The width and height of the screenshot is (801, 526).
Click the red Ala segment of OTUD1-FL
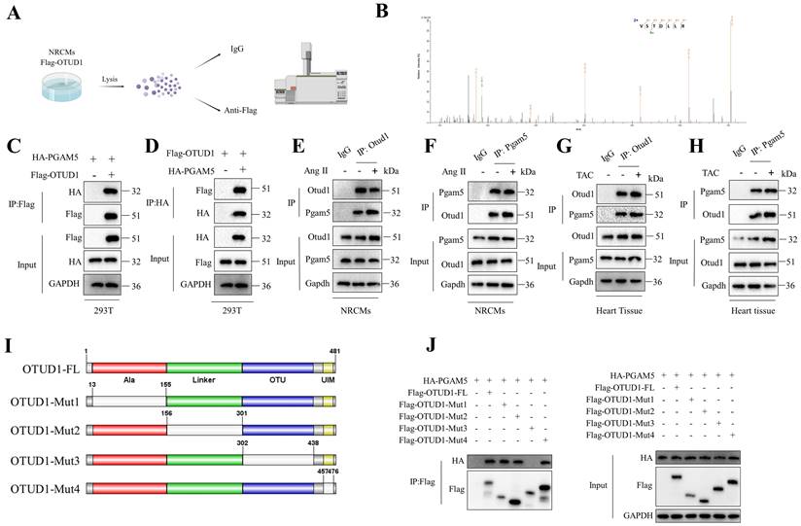click(127, 367)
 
